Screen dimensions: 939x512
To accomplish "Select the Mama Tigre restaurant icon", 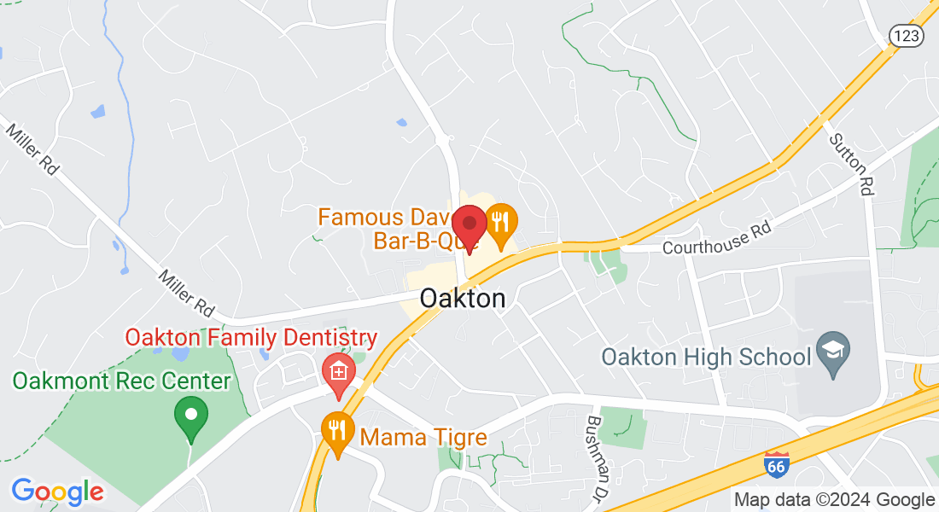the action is [x=338, y=433].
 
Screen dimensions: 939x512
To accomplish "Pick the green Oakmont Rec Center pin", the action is [x=191, y=417].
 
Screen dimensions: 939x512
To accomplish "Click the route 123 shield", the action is [x=904, y=35].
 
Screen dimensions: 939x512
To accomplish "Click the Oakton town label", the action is [x=463, y=299].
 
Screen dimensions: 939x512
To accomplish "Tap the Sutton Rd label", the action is [x=850, y=165].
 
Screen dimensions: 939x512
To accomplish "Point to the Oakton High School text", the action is [x=706, y=356].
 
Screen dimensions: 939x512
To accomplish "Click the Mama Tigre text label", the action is [x=423, y=438].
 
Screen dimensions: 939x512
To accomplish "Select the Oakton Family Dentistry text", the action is [x=252, y=337].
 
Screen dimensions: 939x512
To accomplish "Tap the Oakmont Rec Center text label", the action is [x=121, y=381].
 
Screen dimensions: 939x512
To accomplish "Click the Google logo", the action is [x=57, y=492].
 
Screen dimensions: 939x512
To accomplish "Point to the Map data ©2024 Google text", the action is [x=834, y=500].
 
